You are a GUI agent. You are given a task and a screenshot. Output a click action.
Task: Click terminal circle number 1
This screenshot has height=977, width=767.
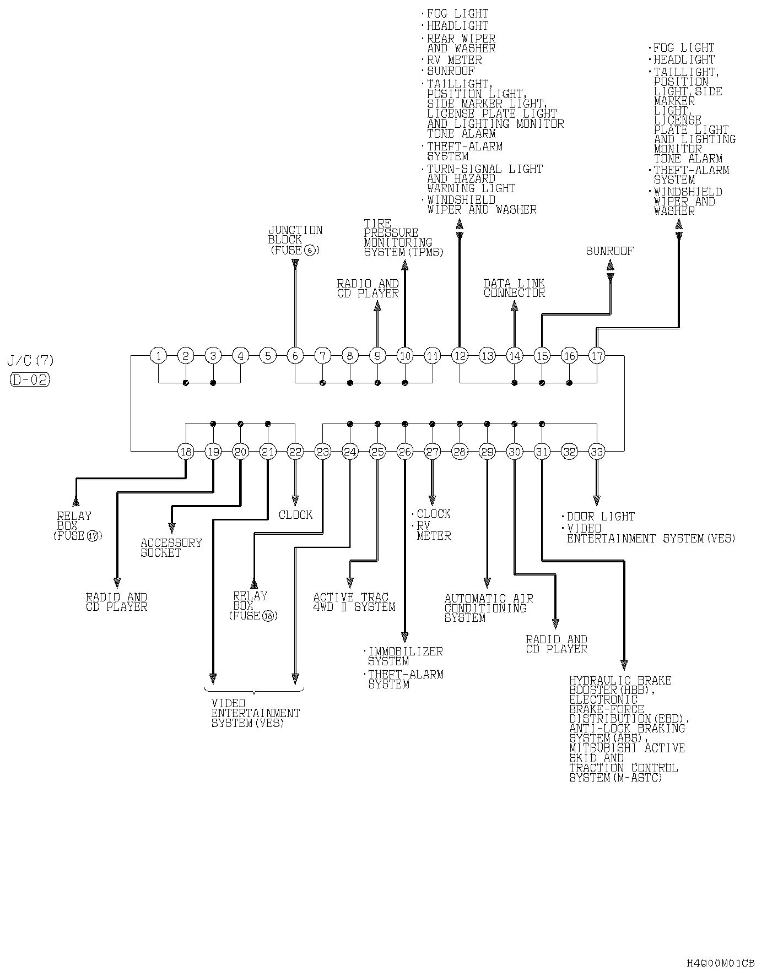tap(159, 356)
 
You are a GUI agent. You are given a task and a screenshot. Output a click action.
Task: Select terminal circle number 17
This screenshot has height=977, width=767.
tap(597, 356)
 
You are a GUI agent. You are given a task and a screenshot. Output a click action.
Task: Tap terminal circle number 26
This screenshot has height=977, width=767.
tap(405, 452)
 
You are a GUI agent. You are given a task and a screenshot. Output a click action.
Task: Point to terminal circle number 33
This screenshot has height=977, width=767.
tap(597, 452)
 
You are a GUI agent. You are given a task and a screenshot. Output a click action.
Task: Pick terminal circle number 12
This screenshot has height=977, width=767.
tap(460, 356)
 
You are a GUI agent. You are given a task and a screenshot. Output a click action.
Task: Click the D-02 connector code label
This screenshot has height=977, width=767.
tap(30, 379)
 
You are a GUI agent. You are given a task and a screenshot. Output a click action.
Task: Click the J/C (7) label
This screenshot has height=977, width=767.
tap(31, 361)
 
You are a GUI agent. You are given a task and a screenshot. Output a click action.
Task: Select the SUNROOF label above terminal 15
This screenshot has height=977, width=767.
tap(609, 251)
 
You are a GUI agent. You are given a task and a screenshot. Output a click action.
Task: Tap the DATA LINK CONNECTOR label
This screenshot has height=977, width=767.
tap(514, 288)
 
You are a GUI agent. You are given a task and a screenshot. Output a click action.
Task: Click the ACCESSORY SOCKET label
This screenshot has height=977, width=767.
tap(171, 547)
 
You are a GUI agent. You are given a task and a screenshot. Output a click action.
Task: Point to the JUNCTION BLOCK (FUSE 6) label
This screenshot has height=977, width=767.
tap(295, 240)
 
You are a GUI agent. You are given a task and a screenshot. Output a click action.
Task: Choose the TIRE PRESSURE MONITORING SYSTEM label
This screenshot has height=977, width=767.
tap(403, 238)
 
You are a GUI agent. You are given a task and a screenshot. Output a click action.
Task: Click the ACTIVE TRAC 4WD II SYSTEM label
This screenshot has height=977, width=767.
tap(354, 602)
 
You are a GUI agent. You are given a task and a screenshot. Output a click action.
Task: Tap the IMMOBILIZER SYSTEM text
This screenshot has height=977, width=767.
tap(405, 656)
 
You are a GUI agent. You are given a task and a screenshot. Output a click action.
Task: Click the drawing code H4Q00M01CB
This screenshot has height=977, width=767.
tap(720, 963)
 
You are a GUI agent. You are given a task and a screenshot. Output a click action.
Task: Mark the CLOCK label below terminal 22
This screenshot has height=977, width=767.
tap(295, 515)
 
